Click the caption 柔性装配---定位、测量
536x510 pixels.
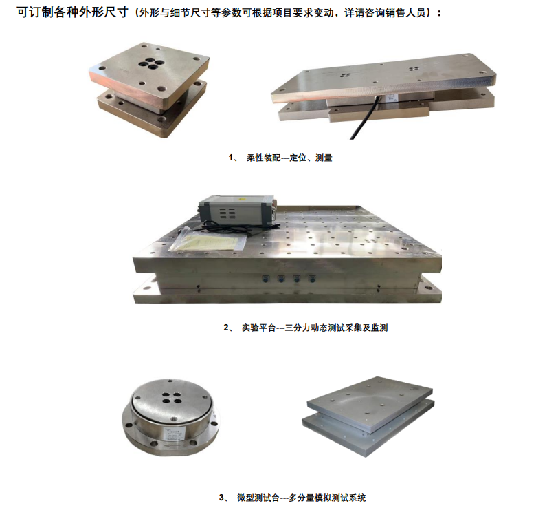[x=289, y=158]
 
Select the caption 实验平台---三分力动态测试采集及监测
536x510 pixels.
[x=315, y=328]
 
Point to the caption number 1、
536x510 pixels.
[x=234, y=158]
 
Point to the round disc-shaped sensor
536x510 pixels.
[x=170, y=416]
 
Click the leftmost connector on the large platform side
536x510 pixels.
[x=263, y=279]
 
